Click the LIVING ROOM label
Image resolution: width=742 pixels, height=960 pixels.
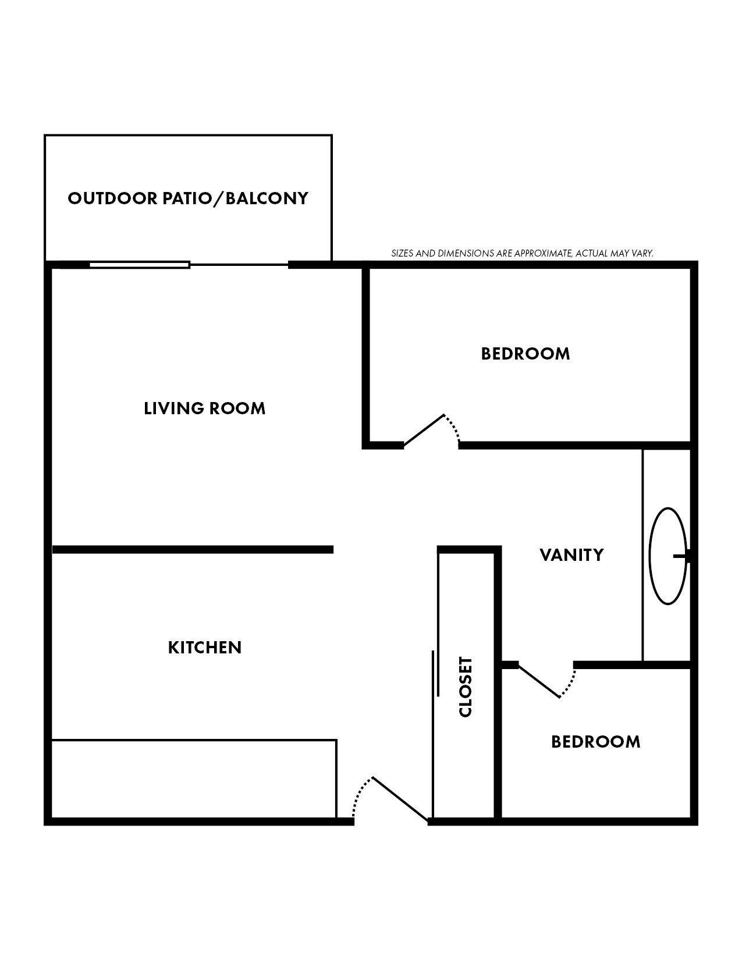pos(204,408)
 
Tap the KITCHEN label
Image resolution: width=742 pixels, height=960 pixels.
pos(204,648)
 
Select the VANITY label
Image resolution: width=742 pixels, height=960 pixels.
pos(571,555)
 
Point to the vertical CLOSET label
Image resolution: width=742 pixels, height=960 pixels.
pos(466,687)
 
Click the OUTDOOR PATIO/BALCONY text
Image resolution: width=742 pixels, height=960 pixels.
pos(188,198)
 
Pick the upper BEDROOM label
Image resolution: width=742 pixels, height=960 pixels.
pos(525,354)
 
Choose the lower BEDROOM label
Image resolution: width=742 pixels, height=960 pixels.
pos(595,742)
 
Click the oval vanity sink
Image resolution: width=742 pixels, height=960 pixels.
pos(667,556)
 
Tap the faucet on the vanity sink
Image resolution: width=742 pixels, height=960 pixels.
pos(682,557)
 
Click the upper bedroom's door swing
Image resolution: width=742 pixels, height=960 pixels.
pos(431,431)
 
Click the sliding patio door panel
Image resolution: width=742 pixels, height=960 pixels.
pos(140,265)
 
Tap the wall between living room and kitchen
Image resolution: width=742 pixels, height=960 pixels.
pos(192,549)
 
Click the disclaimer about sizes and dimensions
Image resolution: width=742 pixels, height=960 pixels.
pos(522,254)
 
